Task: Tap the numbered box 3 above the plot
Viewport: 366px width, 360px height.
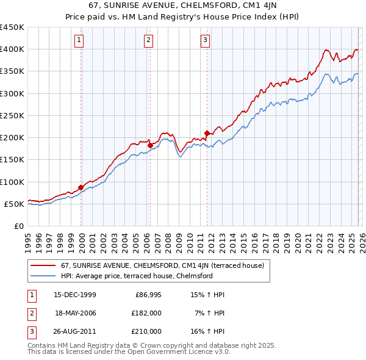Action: [x=206, y=41]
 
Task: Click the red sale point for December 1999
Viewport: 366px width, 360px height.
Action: [x=81, y=187]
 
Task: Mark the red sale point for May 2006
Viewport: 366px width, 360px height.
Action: [x=150, y=145]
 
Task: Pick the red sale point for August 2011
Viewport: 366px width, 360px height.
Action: [x=207, y=133]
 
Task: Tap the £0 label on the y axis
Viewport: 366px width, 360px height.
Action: [x=18, y=226]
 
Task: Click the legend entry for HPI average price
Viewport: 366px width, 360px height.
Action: [x=136, y=276]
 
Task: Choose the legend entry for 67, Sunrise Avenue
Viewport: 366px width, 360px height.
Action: [x=162, y=265]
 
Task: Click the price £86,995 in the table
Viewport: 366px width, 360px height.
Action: [x=148, y=295]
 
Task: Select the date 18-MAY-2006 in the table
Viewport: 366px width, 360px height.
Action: [x=76, y=313]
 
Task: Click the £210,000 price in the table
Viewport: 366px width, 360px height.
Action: [x=146, y=331]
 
